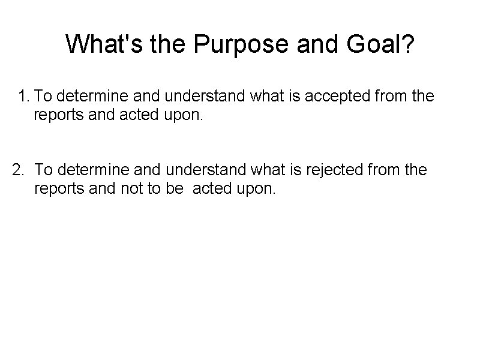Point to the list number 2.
coord(19,171)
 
